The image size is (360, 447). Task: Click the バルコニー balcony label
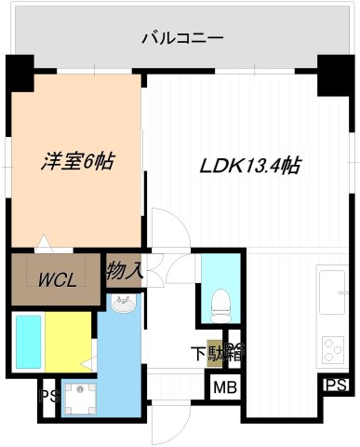tap(181, 39)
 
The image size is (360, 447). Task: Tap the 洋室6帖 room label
tap(77, 160)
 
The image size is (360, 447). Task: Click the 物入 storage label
tap(124, 272)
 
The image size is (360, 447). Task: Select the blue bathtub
tap(27, 341)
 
